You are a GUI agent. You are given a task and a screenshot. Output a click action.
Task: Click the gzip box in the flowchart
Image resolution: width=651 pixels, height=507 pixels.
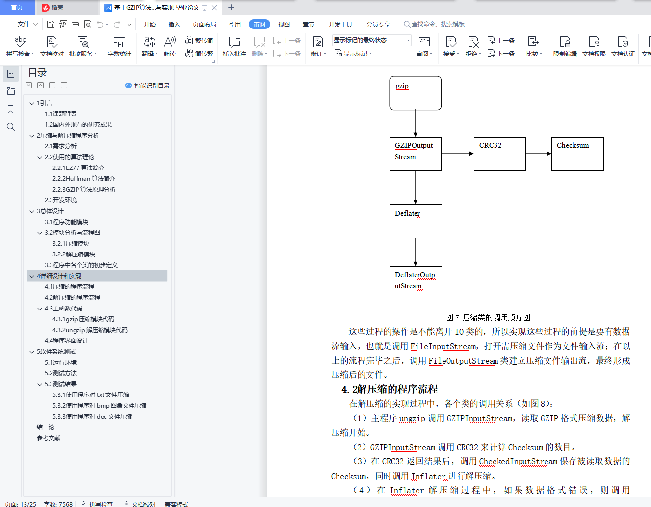click(415, 93)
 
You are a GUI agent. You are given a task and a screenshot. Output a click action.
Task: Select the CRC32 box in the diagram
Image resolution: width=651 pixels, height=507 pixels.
click(500, 154)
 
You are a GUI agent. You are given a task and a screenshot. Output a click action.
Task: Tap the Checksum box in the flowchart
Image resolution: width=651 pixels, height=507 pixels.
click(577, 154)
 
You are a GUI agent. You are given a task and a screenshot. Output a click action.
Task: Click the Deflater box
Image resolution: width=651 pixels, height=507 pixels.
click(416, 222)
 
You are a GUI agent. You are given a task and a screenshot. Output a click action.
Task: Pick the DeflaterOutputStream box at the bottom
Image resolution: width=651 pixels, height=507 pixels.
click(416, 283)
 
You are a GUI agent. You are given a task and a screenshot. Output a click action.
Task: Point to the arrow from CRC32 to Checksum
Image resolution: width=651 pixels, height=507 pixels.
click(538, 154)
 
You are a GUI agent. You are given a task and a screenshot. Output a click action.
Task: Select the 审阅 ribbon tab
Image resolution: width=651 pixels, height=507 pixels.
click(260, 24)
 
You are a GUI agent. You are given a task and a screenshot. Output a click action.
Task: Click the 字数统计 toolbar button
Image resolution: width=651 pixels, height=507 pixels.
click(120, 47)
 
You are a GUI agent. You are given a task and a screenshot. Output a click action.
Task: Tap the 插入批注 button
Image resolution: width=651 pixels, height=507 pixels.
click(234, 47)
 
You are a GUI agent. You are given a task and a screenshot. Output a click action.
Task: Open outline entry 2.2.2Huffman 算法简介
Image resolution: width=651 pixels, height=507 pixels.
click(83, 178)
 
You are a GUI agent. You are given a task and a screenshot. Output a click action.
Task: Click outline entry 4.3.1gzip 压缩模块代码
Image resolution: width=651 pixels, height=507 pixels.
click(83, 319)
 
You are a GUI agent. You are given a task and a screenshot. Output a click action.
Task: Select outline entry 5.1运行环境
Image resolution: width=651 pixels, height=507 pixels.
click(60, 362)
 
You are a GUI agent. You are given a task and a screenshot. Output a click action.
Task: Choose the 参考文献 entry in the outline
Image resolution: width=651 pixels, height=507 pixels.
click(49, 438)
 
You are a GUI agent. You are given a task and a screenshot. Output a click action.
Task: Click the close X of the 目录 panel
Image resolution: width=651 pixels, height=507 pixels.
click(164, 72)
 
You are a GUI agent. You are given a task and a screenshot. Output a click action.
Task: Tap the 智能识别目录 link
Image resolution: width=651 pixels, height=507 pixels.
click(147, 85)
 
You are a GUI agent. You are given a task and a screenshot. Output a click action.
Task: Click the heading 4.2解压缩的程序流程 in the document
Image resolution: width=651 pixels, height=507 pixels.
click(390, 389)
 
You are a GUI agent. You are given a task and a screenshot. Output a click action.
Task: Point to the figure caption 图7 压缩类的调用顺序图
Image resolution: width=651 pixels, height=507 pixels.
click(488, 317)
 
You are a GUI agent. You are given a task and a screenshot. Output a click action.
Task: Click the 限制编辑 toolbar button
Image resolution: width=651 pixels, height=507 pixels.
click(565, 47)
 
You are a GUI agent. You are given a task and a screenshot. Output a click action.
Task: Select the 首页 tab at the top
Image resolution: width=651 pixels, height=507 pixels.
click(17, 7)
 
